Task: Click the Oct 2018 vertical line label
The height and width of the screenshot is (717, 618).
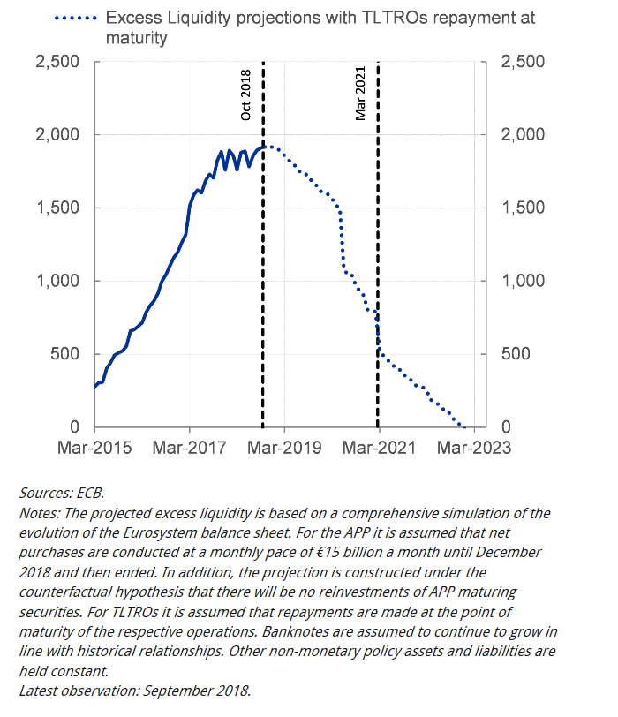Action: point(246,95)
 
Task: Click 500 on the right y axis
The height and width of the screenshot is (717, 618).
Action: point(516,355)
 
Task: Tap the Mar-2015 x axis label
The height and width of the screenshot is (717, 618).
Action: point(95,448)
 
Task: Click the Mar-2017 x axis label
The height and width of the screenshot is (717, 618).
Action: point(191,448)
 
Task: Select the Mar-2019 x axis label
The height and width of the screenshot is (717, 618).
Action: point(286,448)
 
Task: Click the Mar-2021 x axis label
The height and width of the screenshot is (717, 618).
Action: point(381,448)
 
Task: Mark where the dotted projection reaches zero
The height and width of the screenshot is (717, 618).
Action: point(462,426)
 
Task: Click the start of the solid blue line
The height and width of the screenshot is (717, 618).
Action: point(95,387)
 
